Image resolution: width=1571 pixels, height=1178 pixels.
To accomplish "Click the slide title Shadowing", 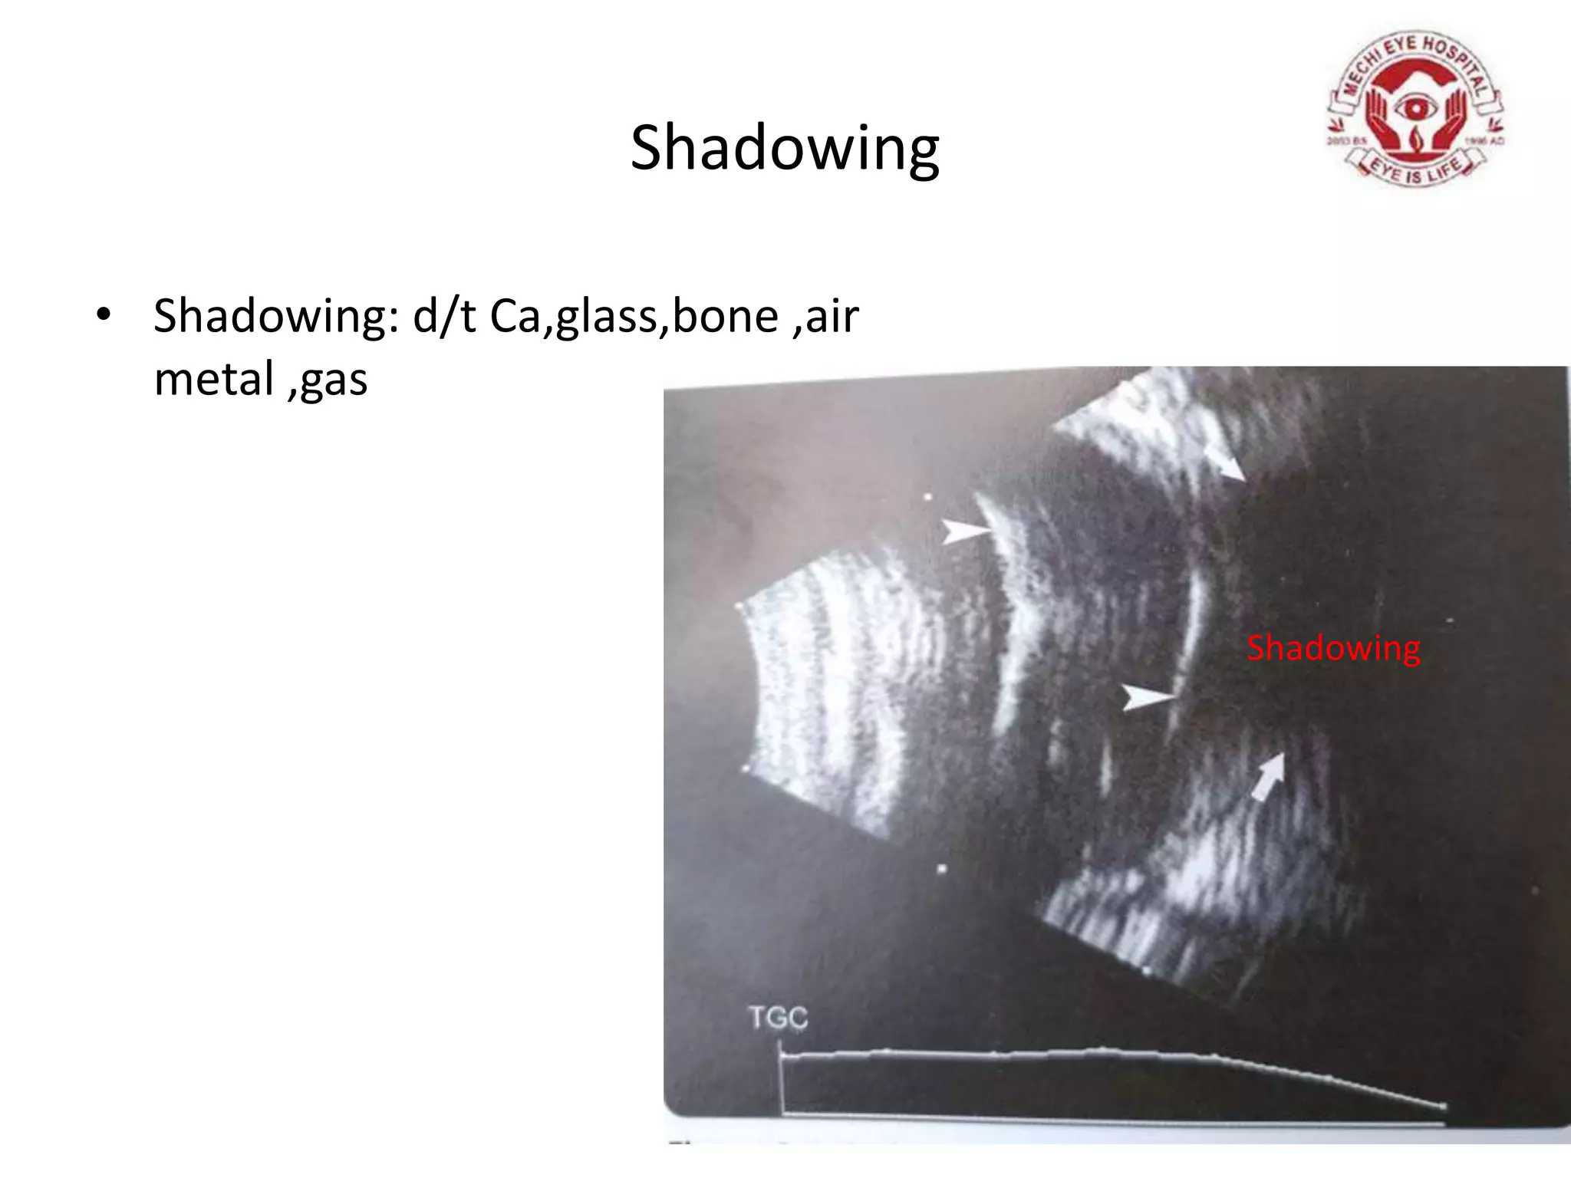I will pyautogui.click(x=784, y=147).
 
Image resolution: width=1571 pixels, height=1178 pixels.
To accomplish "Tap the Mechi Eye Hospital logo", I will pyautogui.click(x=1416, y=109).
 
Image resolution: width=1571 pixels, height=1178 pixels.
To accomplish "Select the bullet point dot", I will pyautogui.click(x=104, y=315).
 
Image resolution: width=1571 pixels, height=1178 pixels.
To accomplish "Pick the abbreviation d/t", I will pyautogui.click(x=444, y=316).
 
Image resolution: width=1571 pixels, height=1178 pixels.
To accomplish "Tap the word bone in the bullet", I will pyautogui.click(x=726, y=316).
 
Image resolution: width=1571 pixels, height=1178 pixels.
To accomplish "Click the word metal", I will pyautogui.click(x=214, y=379).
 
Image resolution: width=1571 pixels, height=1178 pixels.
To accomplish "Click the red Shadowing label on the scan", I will pyautogui.click(x=1333, y=648).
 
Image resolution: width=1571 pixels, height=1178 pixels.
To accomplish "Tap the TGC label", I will pyautogui.click(x=778, y=1018).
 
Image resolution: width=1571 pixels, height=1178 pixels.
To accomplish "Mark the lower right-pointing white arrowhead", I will pyautogui.click(x=1147, y=697).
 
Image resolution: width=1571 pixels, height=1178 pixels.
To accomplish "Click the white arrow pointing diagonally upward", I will pyautogui.click(x=1269, y=776).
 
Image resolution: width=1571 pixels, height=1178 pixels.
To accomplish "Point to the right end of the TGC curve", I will pyautogui.click(x=1444, y=1107).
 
